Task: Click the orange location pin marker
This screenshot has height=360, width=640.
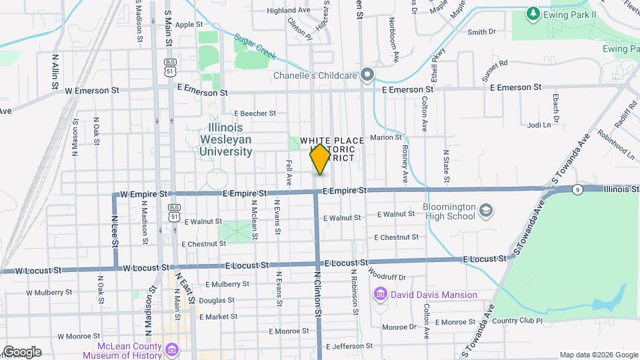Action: [x=320, y=159]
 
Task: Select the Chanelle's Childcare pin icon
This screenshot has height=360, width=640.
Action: [x=366, y=75]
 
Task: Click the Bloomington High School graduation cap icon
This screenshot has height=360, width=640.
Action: [x=487, y=211]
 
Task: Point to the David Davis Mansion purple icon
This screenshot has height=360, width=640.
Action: [x=381, y=294]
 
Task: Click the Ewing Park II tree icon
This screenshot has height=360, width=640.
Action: [x=532, y=13]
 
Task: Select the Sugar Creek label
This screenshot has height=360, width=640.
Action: [x=255, y=46]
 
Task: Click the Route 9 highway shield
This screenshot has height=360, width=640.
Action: [x=577, y=190]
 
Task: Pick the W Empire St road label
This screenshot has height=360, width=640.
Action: [x=143, y=194]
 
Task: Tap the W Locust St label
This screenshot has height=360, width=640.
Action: [x=38, y=271]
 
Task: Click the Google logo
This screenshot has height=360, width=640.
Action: [x=22, y=352]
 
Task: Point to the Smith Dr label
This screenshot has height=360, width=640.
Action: [x=483, y=31]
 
